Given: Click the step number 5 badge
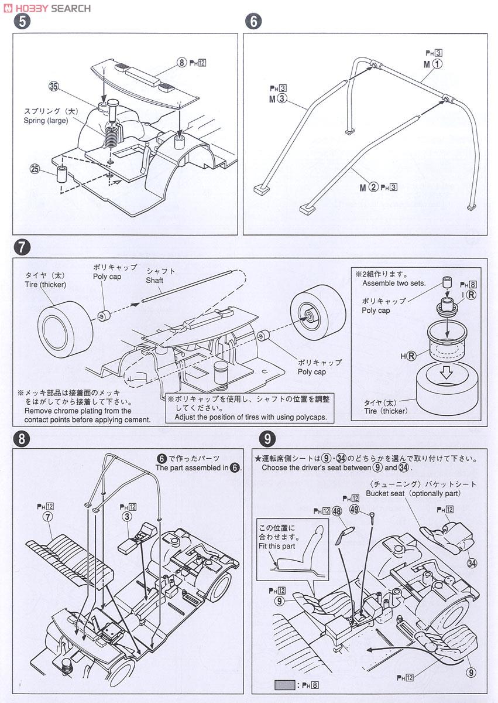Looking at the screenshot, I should tap(22, 22).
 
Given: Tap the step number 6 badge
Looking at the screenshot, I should tap(253, 22).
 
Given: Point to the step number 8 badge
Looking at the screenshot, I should tap(22, 439).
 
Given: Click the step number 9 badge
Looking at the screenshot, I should tap(267, 439).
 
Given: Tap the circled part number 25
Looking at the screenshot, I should tap(36, 169).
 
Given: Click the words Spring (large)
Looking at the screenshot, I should tap(46, 120).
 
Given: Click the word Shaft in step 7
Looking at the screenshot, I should tap(155, 280).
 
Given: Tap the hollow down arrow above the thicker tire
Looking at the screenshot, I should tap(447, 373).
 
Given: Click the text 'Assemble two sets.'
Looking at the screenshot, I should tap(394, 283).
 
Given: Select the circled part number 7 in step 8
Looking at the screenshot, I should tap(48, 517).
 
